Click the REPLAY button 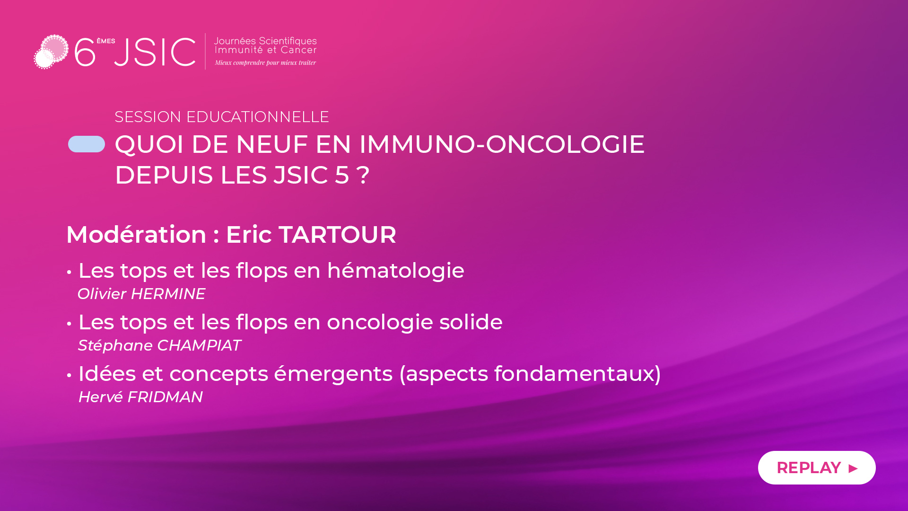click(817, 467)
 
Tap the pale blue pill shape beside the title click(87, 144)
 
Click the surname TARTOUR click(337, 235)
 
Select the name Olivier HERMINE click(141, 294)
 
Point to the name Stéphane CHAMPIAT click(159, 345)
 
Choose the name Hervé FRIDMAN click(140, 397)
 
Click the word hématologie click(395, 271)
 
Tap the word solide click(471, 322)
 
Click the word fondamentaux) click(577, 374)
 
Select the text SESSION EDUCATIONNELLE click(222, 117)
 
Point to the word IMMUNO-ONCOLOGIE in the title click(502, 144)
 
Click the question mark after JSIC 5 click(363, 175)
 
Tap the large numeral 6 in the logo click(85, 52)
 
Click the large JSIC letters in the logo click(155, 52)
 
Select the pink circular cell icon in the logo click(51, 52)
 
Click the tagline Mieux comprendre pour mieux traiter click(265, 62)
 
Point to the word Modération click(136, 235)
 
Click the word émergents click(333, 374)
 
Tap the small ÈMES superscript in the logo click(106, 41)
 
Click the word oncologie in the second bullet click(380, 322)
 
